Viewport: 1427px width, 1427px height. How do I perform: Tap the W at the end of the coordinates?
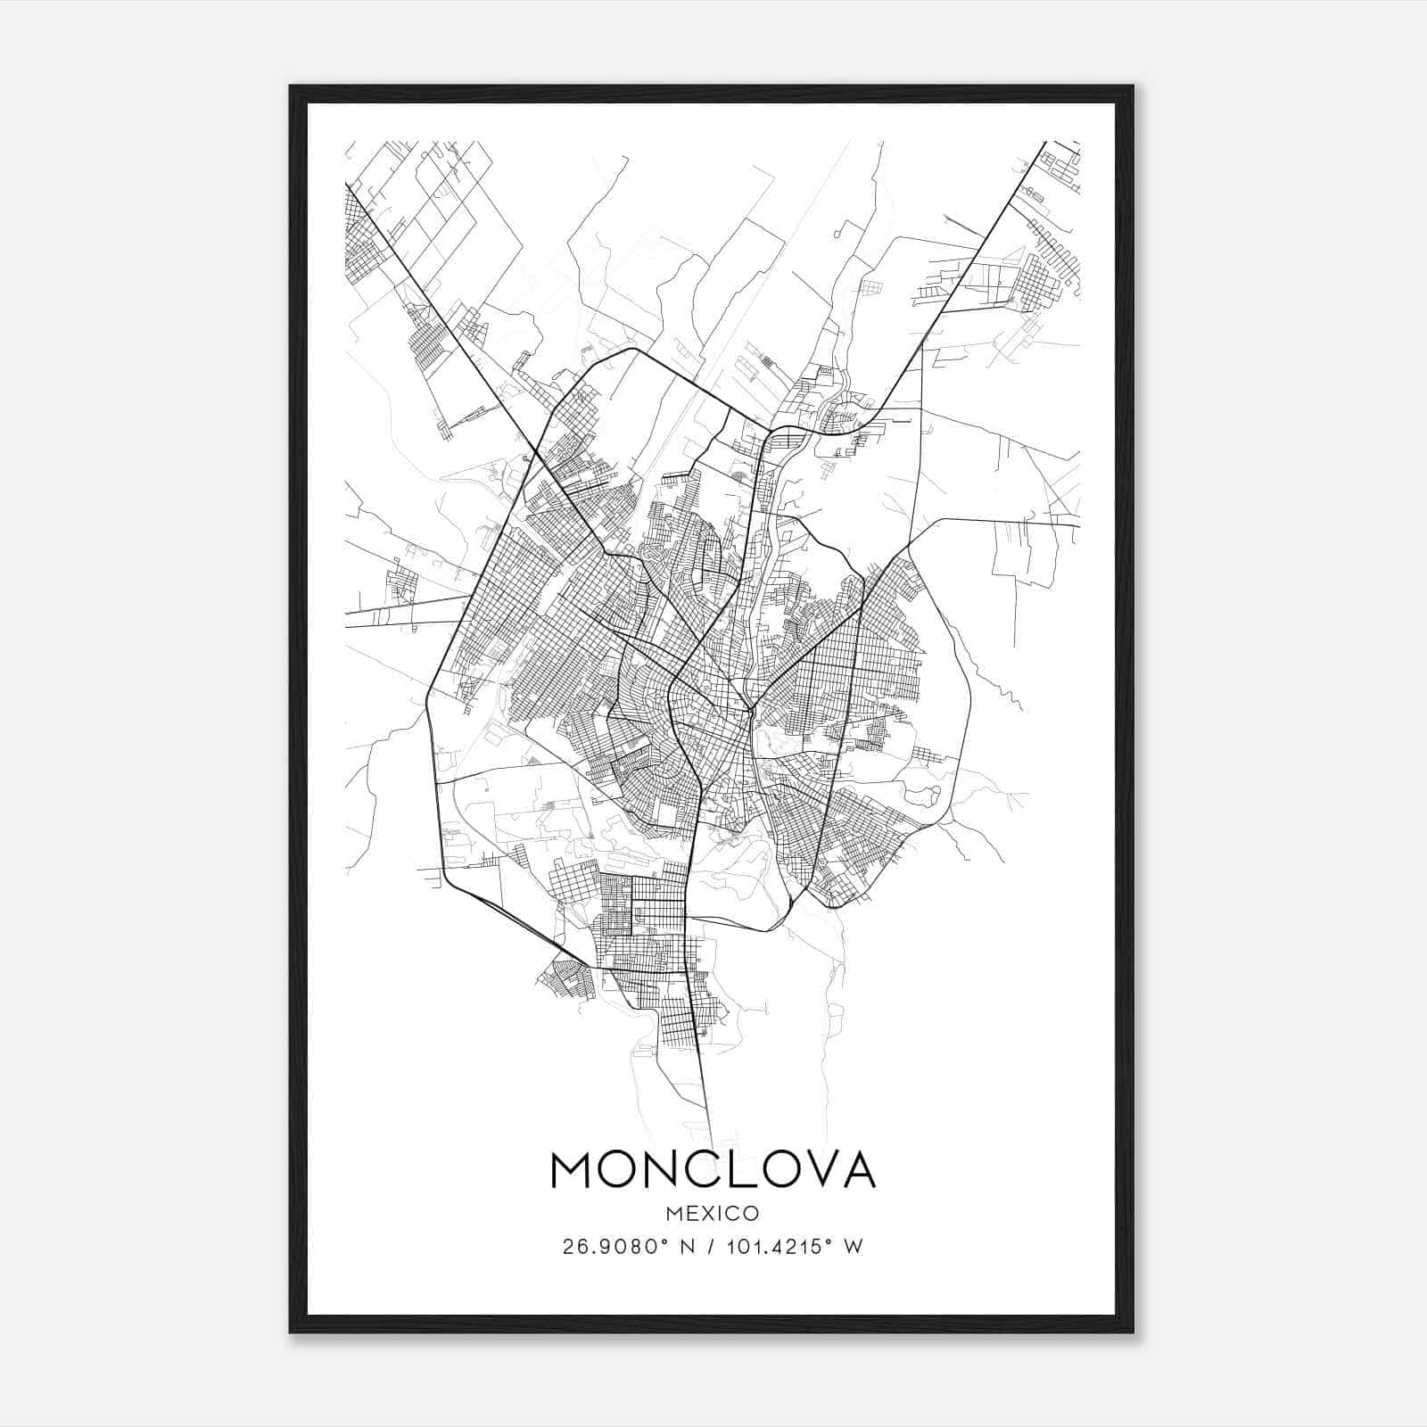pos(854,1247)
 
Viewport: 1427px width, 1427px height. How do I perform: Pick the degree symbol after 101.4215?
pos(829,1242)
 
